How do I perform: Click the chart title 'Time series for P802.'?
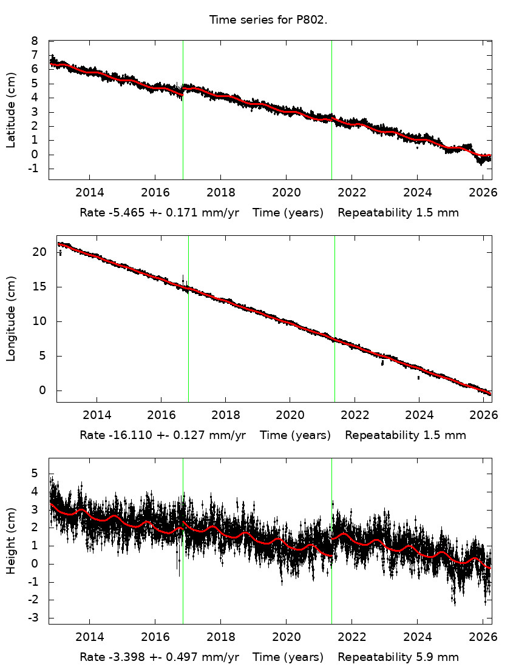268,19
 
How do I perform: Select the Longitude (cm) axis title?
11,319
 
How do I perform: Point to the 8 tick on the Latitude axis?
35,41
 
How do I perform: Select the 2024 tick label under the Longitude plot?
419,415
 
